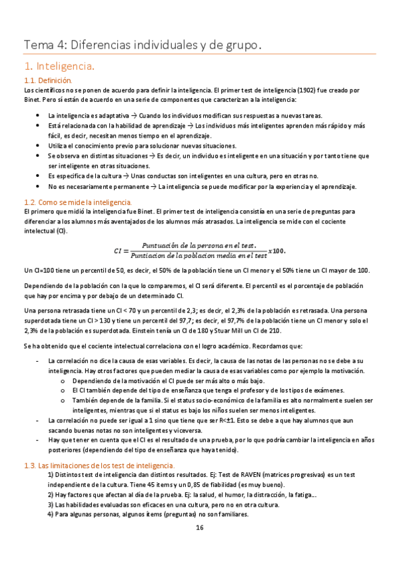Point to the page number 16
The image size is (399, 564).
point(199,527)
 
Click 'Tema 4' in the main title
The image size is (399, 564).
point(43,45)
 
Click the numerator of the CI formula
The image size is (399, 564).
point(199,245)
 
